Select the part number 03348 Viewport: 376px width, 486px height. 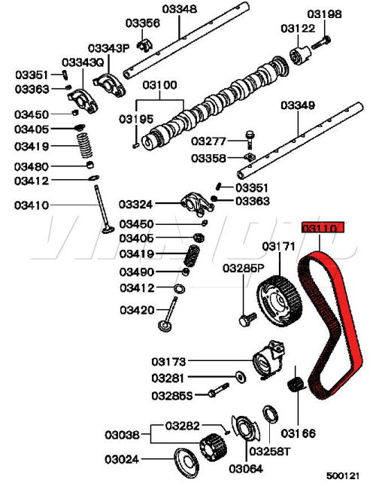click(x=179, y=9)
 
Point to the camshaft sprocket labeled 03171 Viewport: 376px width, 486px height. click(x=279, y=300)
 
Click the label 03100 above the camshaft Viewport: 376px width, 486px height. click(x=159, y=85)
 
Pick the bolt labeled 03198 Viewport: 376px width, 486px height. click(x=321, y=43)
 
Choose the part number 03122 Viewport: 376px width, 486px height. click(x=298, y=29)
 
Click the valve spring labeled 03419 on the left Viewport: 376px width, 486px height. click(x=86, y=145)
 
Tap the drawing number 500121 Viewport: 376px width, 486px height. click(x=343, y=475)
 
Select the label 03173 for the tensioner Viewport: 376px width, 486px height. click(x=168, y=362)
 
